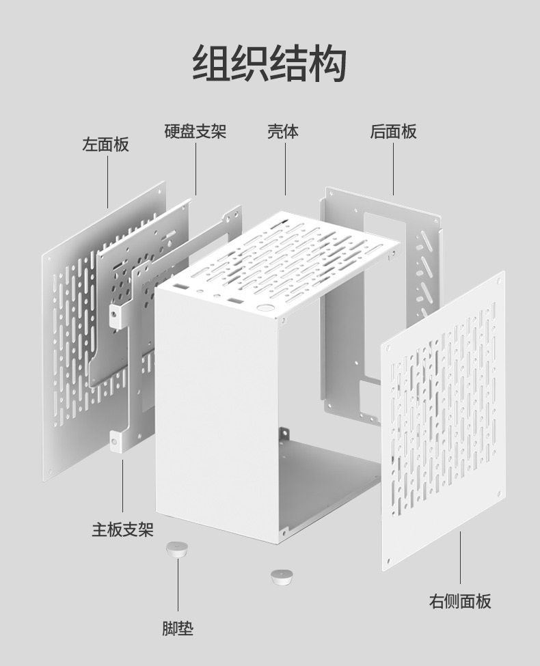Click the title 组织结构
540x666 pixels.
269,64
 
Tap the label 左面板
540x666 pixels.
105,145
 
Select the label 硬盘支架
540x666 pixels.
195,131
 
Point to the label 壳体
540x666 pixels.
282,131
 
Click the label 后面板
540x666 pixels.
393,131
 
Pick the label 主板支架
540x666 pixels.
122,529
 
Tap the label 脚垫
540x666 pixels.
178,628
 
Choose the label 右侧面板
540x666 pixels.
459,601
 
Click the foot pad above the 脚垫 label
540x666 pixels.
176,550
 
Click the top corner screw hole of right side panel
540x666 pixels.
500,279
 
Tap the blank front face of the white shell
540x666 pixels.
215,410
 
